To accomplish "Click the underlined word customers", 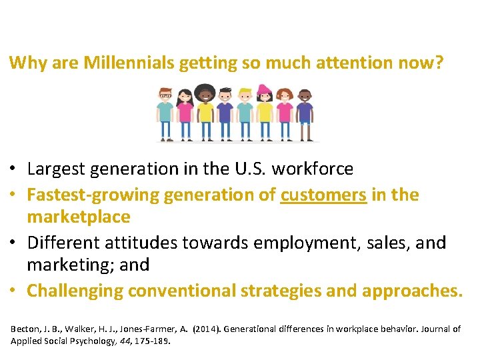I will (323, 195).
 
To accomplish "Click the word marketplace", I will (79, 217).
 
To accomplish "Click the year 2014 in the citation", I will (202, 329).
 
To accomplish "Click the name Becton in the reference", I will (24, 329).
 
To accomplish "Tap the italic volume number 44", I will (123, 341).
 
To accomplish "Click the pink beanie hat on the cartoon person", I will (265, 89).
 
